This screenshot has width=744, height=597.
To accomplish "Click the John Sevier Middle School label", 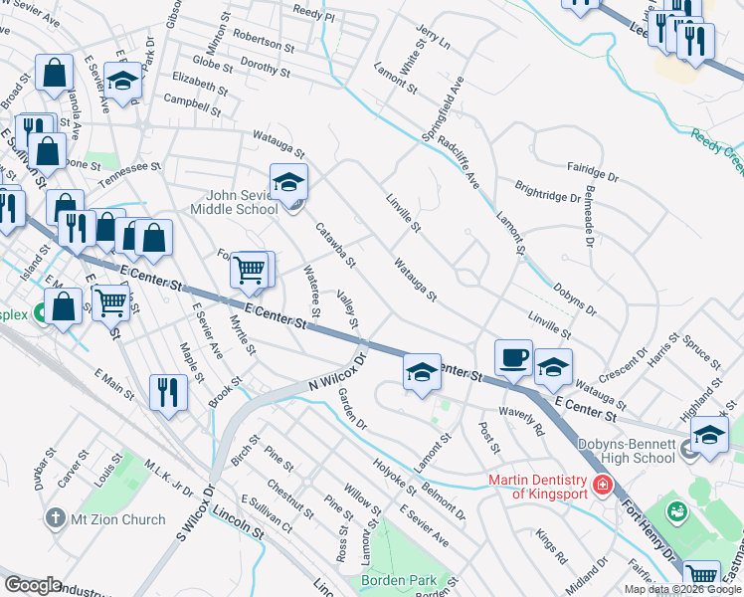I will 243,202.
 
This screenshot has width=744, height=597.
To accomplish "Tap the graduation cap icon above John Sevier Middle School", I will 288,183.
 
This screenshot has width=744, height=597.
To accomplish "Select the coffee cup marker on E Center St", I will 513,358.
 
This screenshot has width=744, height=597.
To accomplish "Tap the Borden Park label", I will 414,579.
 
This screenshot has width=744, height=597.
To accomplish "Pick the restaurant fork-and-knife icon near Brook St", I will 168,392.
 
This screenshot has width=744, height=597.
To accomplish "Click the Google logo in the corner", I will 33,585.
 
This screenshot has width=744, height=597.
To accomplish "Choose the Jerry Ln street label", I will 435,38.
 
